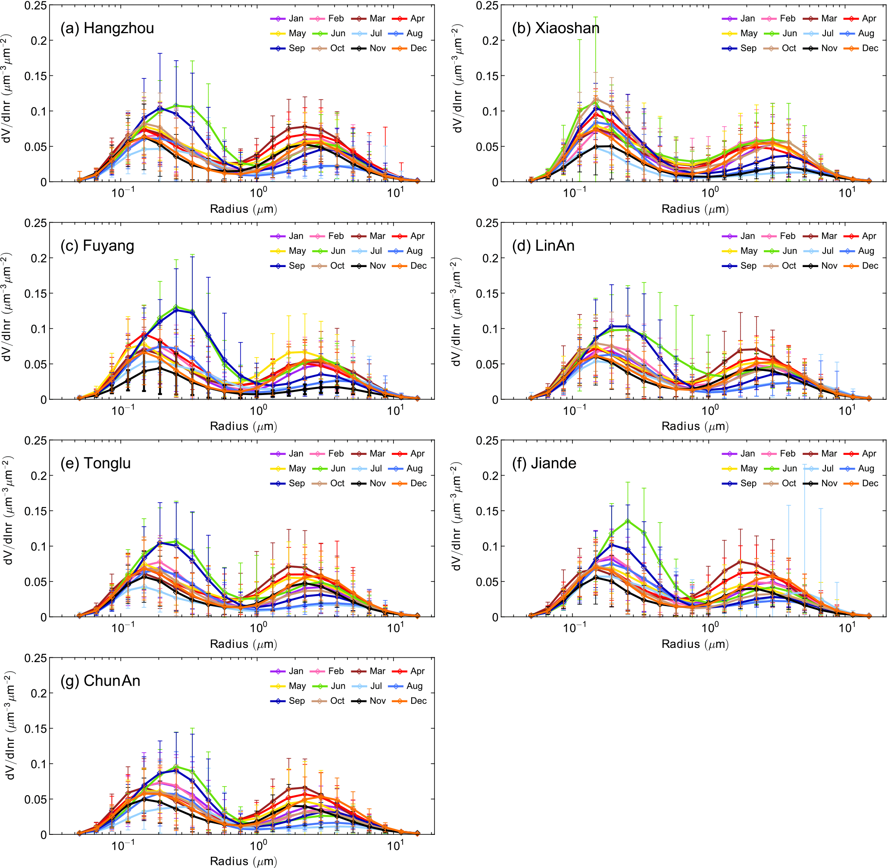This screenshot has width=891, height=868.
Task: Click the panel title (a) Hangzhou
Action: (x=107, y=28)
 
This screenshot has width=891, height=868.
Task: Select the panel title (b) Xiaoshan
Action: (x=555, y=28)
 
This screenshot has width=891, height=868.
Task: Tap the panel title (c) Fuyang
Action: (x=97, y=246)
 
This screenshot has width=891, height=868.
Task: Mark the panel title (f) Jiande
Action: (x=544, y=463)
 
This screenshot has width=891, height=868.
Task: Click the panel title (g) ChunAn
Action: (x=100, y=681)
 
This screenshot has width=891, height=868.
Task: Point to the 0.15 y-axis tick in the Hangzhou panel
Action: (x=36, y=76)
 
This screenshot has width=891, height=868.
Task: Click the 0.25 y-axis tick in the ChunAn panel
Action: (x=36, y=658)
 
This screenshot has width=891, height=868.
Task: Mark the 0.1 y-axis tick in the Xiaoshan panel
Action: (x=491, y=111)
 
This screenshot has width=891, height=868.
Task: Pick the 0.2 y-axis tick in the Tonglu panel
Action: (x=39, y=476)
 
